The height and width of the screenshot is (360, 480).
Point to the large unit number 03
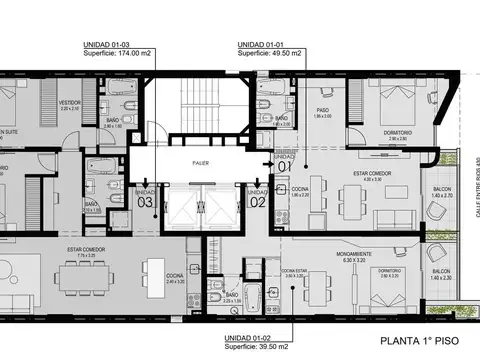tap(144, 199)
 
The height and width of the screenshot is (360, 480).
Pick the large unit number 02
tap(257, 199)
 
